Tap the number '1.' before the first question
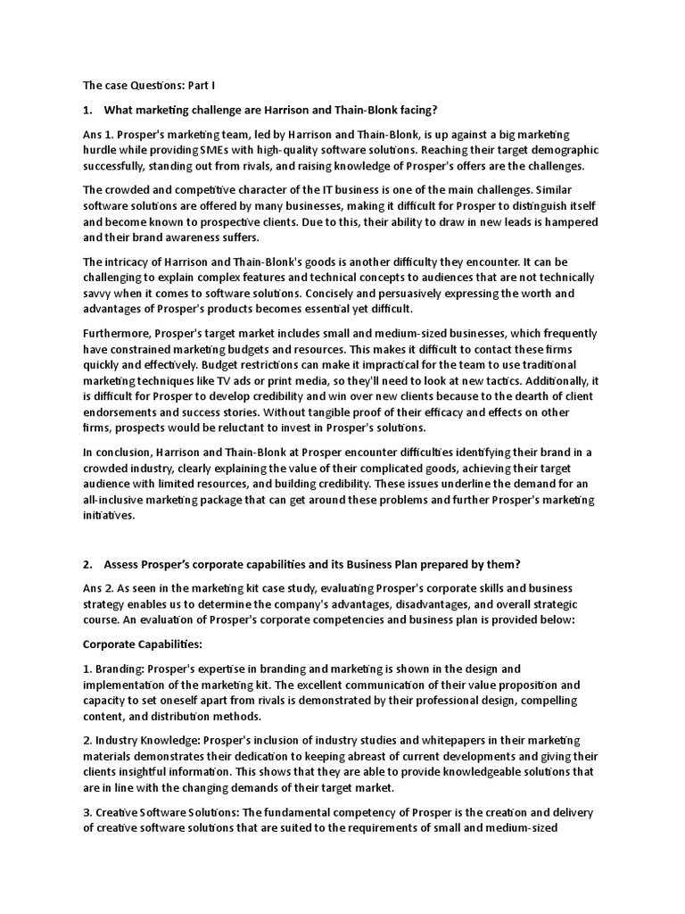pyautogui.click(x=87, y=110)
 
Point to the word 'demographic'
pyautogui.click(x=562, y=149)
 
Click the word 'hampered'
pyautogui.click(x=557, y=222)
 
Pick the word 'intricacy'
pyautogui.click(x=132, y=262)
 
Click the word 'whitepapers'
pyautogui.click(x=430, y=740)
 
